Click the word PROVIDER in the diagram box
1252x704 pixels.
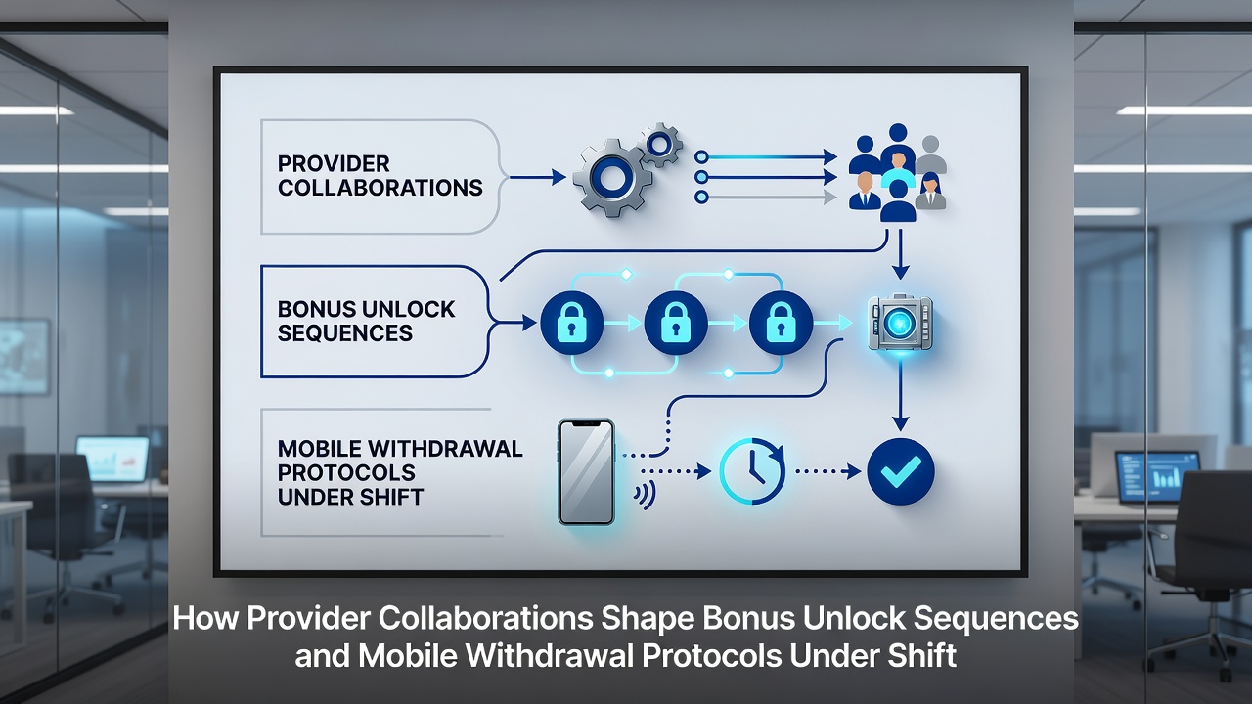[334, 163]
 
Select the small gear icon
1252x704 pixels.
[660, 145]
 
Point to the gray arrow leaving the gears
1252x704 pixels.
[766, 197]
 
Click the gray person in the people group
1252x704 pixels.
[930, 154]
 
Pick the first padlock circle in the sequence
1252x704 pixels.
[572, 323]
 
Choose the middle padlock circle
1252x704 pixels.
[676, 323]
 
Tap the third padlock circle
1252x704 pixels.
[781, 323]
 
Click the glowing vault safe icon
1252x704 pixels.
[900, 323]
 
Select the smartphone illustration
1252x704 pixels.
[586, 472]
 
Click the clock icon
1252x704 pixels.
[752, 471]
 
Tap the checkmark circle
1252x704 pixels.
[901, 471]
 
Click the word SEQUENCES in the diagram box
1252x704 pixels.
[345, 333]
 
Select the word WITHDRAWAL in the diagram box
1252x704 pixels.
[444, 449]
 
